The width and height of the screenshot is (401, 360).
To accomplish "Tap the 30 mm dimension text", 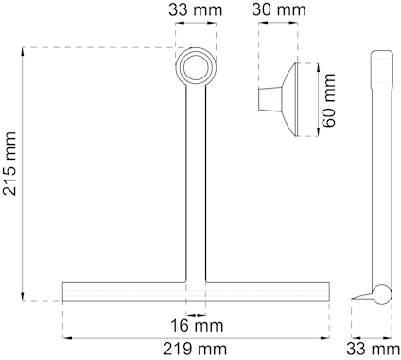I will pos(281,12).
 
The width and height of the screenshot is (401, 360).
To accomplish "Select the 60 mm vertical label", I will pos(330,100).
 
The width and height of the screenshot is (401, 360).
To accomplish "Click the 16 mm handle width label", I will pos(198,324).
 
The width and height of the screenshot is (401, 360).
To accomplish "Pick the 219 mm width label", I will pos(198,349).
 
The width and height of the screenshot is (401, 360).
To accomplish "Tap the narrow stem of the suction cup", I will pos(269,99).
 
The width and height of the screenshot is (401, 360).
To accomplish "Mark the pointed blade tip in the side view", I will pos(357,299).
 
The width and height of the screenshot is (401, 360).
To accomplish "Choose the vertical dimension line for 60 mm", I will pos(317,99).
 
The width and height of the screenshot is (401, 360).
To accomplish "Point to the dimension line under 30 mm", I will pos(281,28).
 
